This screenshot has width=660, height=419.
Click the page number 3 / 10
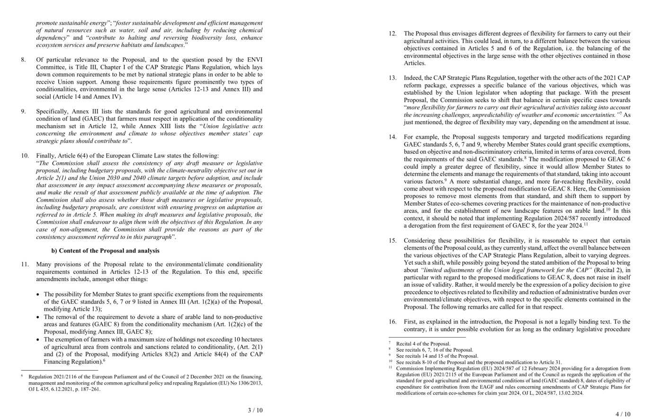pyautogui.click(x=255, y=410)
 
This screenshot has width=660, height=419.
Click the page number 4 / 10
pyautogui.click(x=623, y=414)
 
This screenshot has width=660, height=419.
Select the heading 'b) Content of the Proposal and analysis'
pyautogui.click(x=105, y=251)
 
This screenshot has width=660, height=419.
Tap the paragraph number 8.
pyautogui.click(x=23, y=60)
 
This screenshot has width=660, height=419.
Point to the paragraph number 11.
pyautogui.click(x=25, y=264)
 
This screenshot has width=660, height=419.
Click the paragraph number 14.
pyautogui.click(x=392, y=137)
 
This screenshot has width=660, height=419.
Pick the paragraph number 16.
pyautogui.click(x=392, y=322)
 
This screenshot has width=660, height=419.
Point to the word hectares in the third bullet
pyautogui.click(x=250, y=340)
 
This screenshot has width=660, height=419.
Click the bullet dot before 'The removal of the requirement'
pyautogui.click(x=38, y=317)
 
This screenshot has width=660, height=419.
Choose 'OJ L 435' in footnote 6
pyautogui.click(x=39, y=389)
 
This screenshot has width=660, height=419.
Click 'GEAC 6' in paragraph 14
pyautogui.click(x=620, y=159)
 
